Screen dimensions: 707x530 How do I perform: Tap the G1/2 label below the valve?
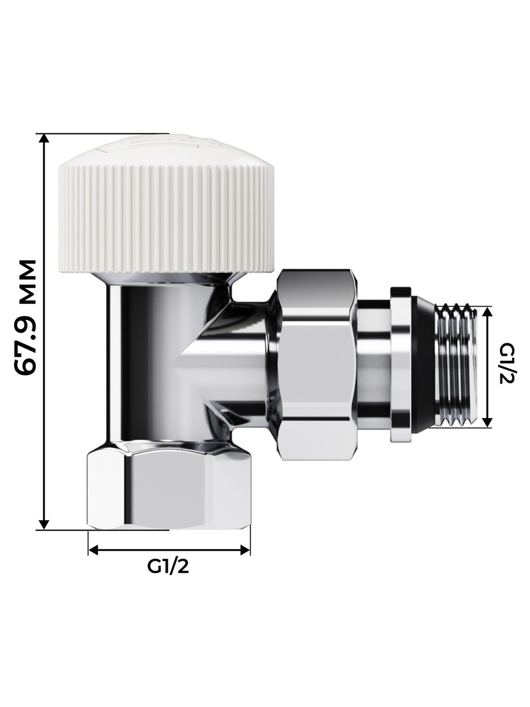coord(168,567)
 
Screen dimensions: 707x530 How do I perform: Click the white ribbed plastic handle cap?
coord(168,212)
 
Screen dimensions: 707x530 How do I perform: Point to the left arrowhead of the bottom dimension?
coord(93,550)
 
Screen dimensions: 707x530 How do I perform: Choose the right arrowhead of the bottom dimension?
coord(245,550)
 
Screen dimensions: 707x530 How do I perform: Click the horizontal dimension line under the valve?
coord(169,550)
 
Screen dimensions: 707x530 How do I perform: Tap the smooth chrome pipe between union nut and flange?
coord(374,366)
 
